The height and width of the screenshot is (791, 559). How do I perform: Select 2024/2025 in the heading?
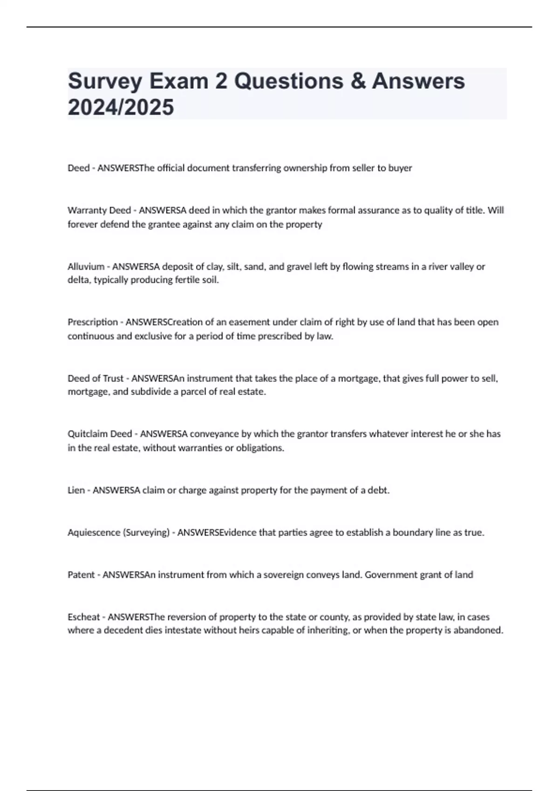[x=121, y=107]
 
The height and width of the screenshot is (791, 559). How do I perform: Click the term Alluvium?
[x=86, y=267]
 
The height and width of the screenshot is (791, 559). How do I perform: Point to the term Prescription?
[x=93, y=322]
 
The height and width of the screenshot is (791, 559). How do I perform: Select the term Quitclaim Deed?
[x=100, y=434]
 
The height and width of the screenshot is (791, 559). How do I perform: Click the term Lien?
[x=76, y=490]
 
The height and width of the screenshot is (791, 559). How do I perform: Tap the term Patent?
[x=81, y=575]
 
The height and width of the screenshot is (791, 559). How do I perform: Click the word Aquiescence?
[x=94, y=533]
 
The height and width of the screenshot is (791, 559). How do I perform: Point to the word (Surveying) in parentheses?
[x=146, y=533]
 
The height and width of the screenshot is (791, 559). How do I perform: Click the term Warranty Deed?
[x=99, y=210]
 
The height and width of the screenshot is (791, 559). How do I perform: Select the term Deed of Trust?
[x=95, y=378]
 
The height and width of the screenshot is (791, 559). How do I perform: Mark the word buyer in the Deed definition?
[x=400, y=168]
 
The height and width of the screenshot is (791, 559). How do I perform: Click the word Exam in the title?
[x=179, y=82]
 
